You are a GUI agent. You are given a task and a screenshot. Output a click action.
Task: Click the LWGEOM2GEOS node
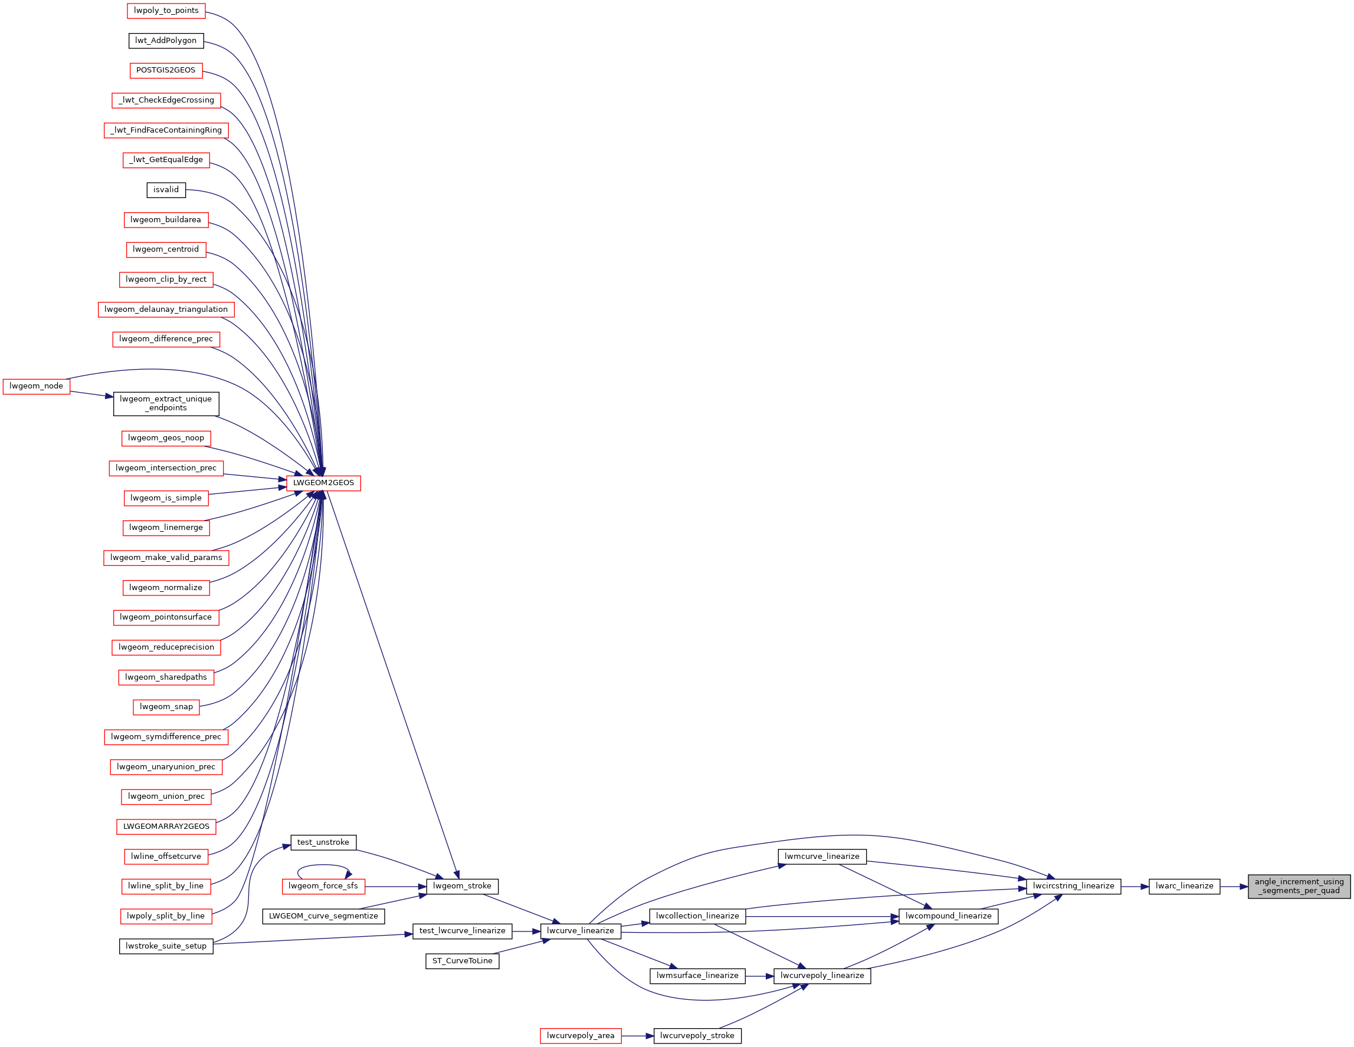[x=323, y=483]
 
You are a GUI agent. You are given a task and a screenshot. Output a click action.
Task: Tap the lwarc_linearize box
[x=1184, y=887]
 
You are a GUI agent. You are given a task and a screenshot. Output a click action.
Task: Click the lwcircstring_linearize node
[x=1073, y=887]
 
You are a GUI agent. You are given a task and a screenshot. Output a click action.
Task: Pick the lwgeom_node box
[x=37, y=387]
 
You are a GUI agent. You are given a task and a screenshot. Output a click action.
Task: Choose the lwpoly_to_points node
[x=166, y=11]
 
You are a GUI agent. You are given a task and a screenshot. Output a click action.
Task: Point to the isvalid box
[x=166, y=190]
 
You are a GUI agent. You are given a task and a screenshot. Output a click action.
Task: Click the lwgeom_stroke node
[x=462, y=887]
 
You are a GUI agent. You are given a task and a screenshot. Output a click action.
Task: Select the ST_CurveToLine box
[x=462, y=962]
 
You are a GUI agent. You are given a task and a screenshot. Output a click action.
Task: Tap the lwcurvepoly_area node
[x=581, y=1036]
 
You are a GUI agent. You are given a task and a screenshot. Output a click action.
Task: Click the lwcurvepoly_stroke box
[x=697, y=1036]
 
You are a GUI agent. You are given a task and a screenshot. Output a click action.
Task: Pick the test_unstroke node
[x=323, y=842]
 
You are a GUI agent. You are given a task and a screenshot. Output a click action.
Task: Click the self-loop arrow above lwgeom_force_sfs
[x=324, y=865]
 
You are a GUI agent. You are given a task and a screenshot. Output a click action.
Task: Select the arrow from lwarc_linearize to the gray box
[x=1234, y=887]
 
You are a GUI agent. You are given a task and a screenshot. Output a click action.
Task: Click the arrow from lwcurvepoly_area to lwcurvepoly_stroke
[x=637, y=1036]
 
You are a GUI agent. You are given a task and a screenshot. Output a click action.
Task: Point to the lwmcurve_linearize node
[x=821, y=857]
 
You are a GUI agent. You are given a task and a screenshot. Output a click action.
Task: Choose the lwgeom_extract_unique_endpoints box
[x=166, y=404]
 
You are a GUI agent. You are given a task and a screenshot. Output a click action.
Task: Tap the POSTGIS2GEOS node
[x=166, y=71]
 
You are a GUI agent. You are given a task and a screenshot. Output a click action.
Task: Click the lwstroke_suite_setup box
[x=166, y=947]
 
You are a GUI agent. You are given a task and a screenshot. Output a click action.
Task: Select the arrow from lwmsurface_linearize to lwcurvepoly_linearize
[x=759, y=976]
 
